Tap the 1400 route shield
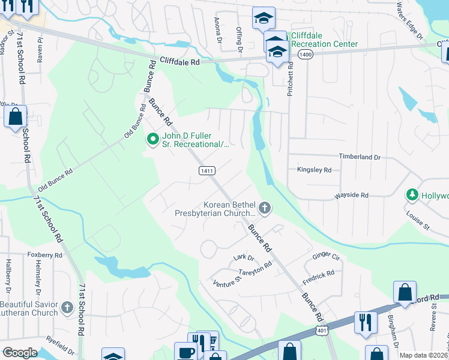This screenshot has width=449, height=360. pos(305,55)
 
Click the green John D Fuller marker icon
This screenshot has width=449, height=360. pos(153,139)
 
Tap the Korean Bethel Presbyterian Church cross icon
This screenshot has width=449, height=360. pos(265,208)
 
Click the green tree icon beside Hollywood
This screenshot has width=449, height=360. pos(412,195)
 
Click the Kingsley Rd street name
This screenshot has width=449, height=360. pos(315,170)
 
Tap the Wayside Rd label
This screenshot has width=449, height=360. pos(352,195)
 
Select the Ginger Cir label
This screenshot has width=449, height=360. pos(327,256)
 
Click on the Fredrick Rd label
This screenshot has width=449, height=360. pos(319,275)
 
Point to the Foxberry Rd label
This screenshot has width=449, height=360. pos(45,254)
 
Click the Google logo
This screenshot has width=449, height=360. pos(20,353)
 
